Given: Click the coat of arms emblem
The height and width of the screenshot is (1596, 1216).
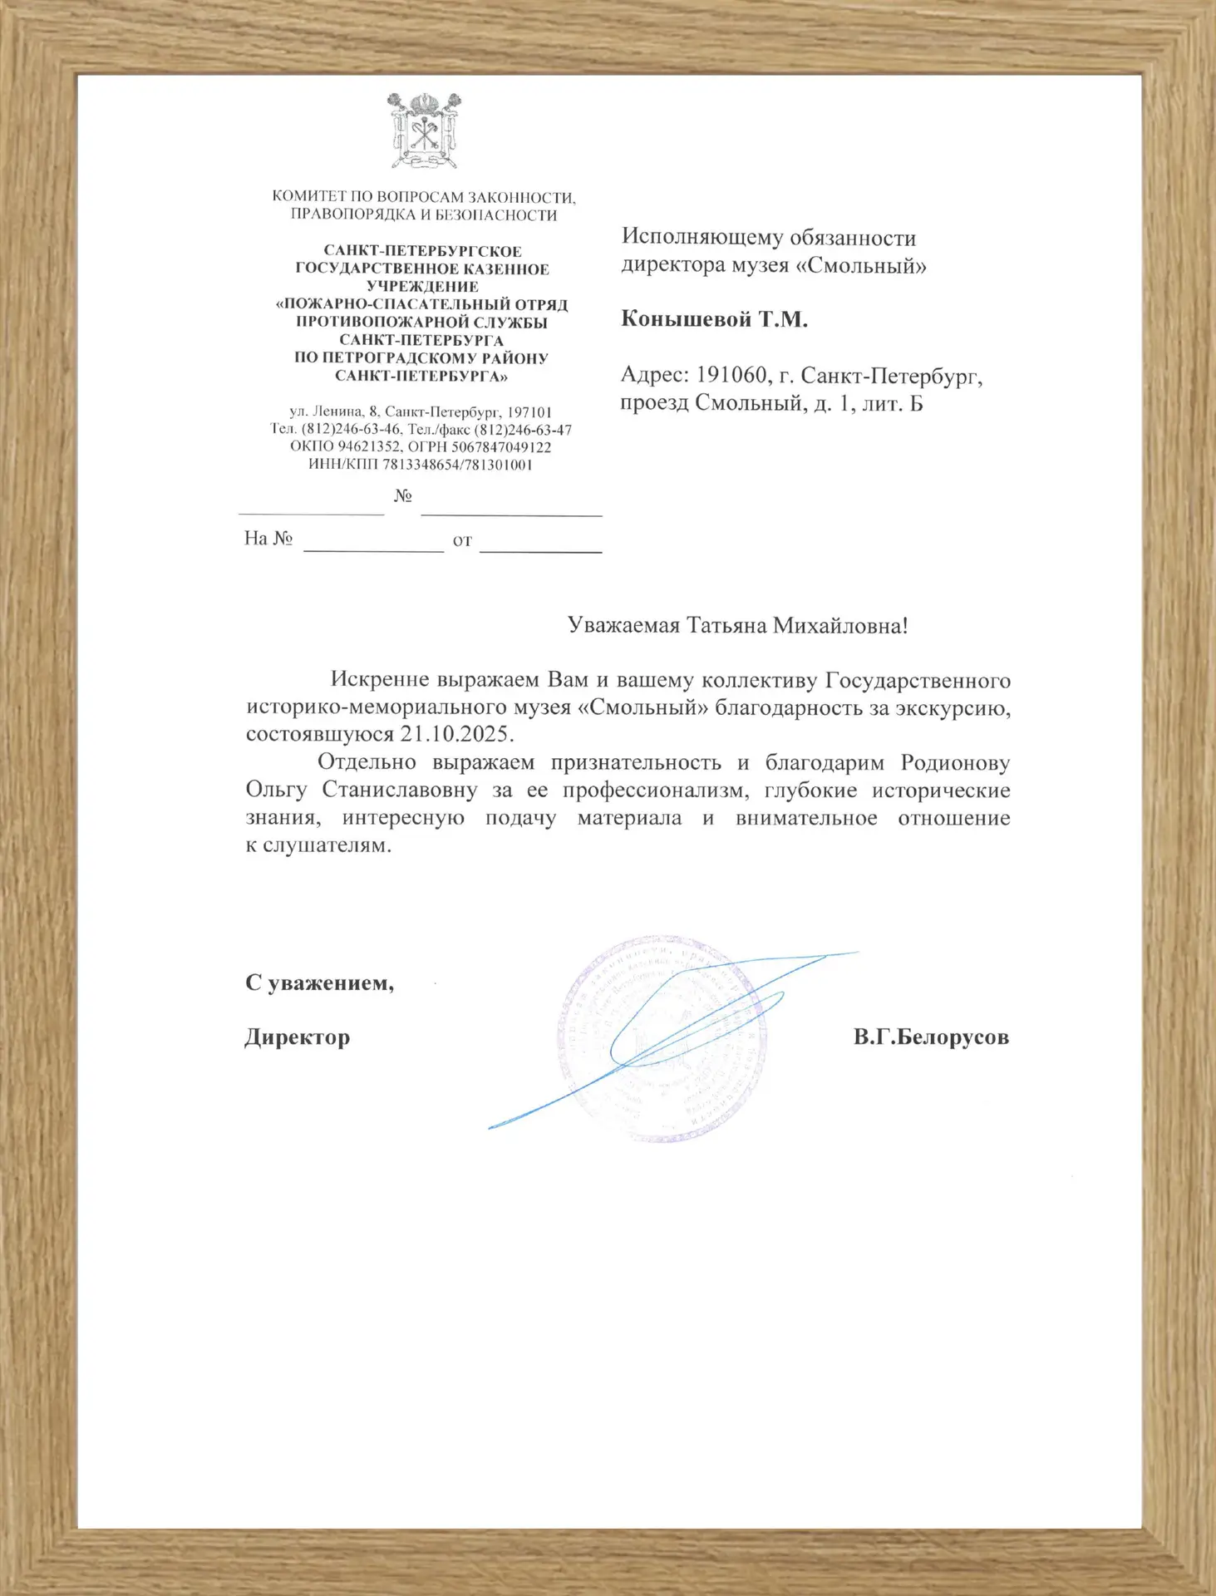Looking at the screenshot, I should click(424, 131).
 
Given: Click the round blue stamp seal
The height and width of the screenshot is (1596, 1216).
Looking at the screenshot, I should click(662, 1038).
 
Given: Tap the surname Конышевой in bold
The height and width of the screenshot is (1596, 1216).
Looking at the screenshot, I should click(687, 320).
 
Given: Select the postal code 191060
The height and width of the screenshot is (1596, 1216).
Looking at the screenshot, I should click(731, 376).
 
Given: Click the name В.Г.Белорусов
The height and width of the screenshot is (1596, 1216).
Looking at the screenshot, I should click(930, 1037).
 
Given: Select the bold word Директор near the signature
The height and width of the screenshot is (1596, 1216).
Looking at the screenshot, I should click(297, 1037).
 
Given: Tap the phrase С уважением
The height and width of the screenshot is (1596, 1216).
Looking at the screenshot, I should click(319, 983).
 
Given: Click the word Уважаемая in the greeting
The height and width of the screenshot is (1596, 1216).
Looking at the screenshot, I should click(623, 626).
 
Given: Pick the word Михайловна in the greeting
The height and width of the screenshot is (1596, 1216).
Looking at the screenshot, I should click(840, 626).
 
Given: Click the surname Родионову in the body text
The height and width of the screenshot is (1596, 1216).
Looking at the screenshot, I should click(955, 762).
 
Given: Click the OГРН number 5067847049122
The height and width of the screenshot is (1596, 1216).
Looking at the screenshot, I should click(501, 447).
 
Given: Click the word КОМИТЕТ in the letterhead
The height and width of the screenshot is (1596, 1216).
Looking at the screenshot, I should click(308, 198).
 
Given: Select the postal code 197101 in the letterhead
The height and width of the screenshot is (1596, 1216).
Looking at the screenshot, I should click(529, 412).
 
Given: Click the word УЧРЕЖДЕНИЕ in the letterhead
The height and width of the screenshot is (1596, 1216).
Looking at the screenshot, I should click(422, 287).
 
